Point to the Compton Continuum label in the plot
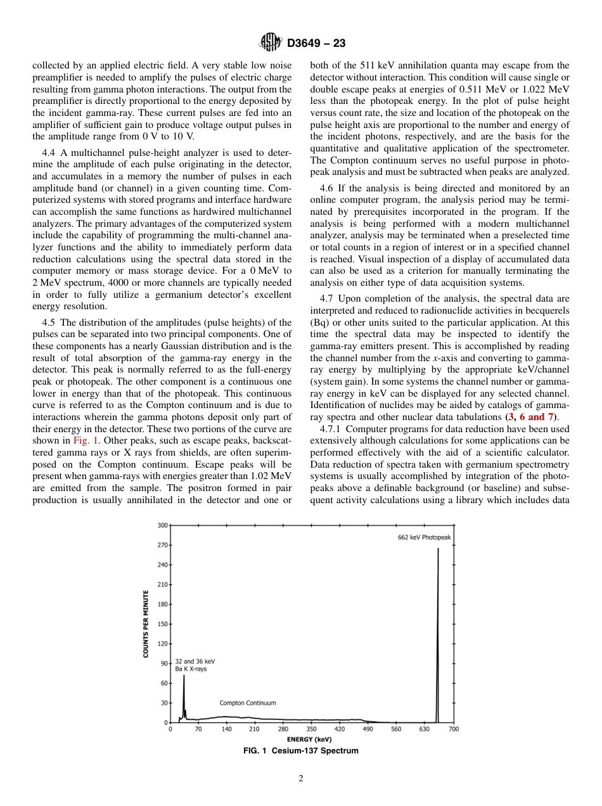tap(248, 703)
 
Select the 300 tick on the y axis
tap(163, 525)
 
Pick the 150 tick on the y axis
tap(163, 624)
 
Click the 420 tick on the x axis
tap(340, 729)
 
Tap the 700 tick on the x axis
tap(454, 729)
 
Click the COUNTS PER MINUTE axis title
tap(145, 624)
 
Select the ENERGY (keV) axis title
tap(312, 739)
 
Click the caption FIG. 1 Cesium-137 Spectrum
tap(301, 751)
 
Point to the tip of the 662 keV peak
tap(438, 549)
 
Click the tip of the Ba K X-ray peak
tap(184, 675)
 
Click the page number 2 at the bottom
tap(301, 779)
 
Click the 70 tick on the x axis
tap(198, 729)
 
